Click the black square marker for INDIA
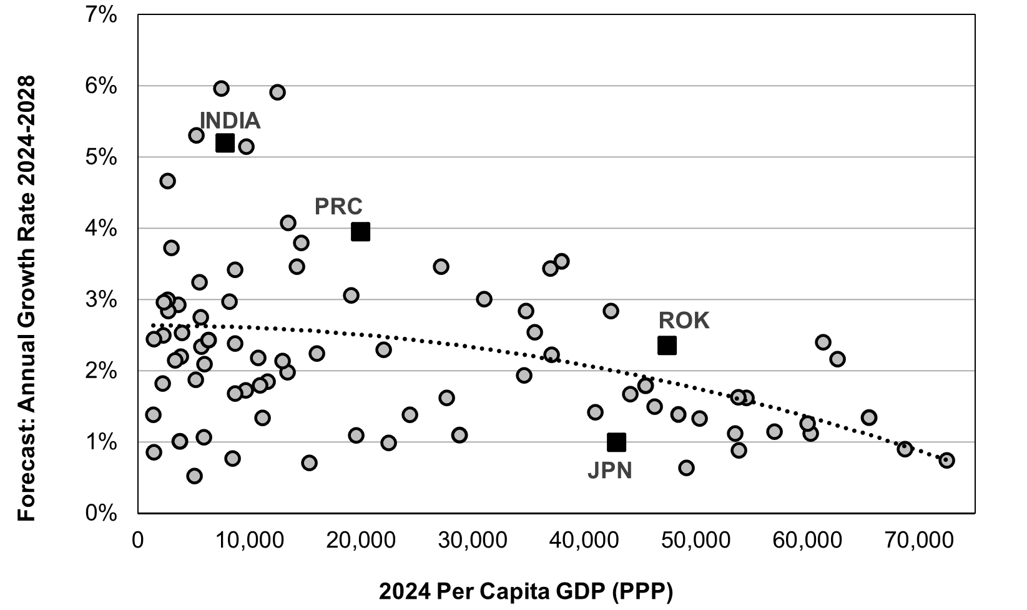pos(225,143)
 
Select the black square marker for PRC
pos(360,232)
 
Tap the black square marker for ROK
pos(667,345)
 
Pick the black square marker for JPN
pos(616,442)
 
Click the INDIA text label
pos(230,121)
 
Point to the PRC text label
pos(338,206)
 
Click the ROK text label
pos(684,321)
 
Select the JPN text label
pos(610,471)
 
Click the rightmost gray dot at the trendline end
pos(946,461)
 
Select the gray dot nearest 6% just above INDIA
pos(221,89)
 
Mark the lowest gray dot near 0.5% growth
pos(194,476)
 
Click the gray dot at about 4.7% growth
pos(167,181)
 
